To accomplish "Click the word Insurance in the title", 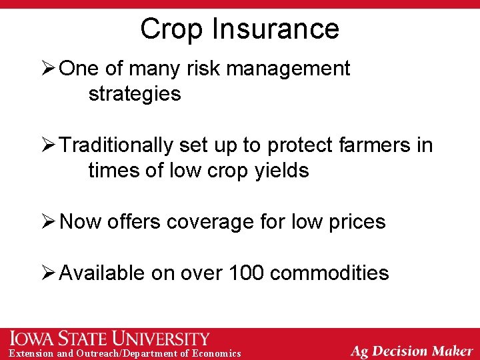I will point(275,29).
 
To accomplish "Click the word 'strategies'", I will point(134,94).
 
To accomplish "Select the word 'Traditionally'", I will point(119,145).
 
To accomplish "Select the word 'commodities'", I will point(330,273).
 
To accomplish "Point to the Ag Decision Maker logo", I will point(411,351).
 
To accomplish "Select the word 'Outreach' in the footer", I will point(105,353).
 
